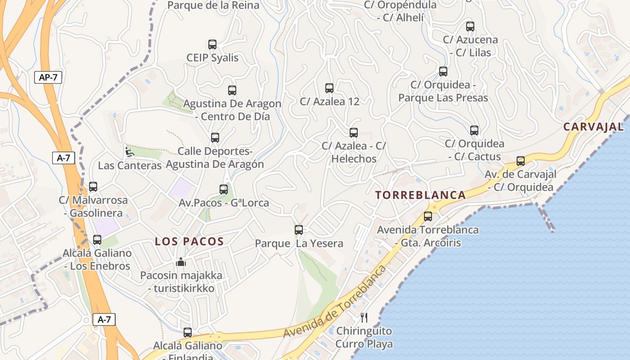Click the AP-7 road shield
coord(48,77)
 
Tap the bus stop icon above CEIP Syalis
coord(212,45)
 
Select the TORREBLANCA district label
coord(421,195)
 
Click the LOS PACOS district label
coord(189,241)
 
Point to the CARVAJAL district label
coord(594,126)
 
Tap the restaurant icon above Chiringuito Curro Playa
coord(364,318)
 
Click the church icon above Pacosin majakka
coord(181,262)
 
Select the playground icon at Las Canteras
coord(129,152)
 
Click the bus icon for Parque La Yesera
coord(299,230)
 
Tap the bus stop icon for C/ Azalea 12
coord(329,88)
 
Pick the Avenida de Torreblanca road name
coord(335,301)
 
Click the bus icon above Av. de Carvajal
coord(521,161)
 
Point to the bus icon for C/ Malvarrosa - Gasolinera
coord(93,187)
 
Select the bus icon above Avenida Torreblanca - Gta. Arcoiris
coord(428,216)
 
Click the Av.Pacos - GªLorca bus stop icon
coord(224,189)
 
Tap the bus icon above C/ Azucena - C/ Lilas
coord(470,27)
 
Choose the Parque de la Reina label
coord(213,5)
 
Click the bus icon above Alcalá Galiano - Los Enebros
coord(97,240)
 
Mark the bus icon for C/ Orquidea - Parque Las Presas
coord(443,72)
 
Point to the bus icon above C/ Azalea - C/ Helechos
coord(354,133)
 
